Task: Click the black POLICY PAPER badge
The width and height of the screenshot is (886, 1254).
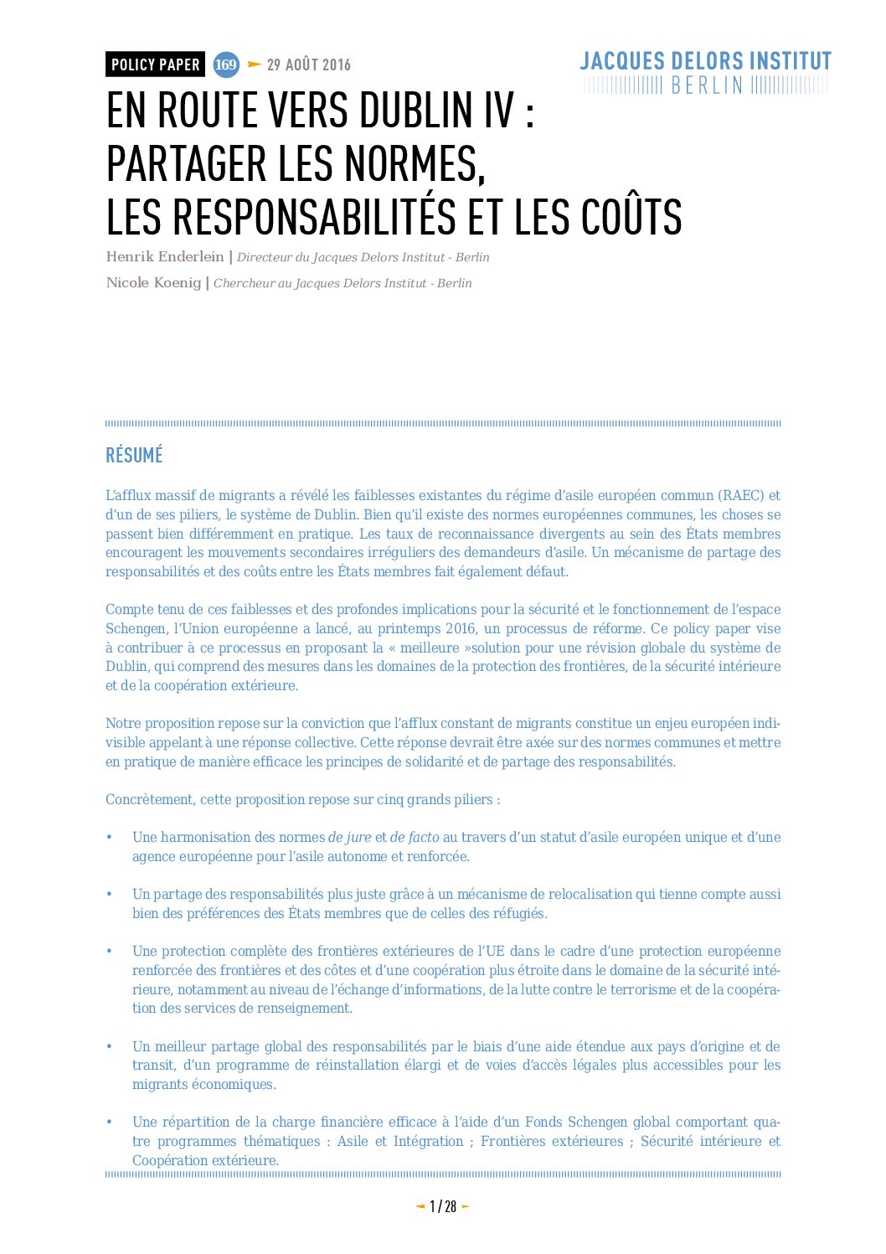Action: click(x=155, y=65)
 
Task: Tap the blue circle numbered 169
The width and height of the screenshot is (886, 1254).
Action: click(x=226, y=65)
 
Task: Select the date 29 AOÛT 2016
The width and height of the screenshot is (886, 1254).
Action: click(x=308, y=65)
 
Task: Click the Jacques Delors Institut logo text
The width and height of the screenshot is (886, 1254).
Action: click(x=705, y=61)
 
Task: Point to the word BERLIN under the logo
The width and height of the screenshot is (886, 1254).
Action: click(x=707, y=85)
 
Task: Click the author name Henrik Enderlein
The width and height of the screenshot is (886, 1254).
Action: click(x=165, y=256)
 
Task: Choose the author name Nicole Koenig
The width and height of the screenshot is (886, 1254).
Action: click(x=153, y=282)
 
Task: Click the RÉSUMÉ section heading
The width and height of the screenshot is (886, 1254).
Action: click(x=134, y=456)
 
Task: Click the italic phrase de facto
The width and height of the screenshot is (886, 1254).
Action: click(x=415, y=837)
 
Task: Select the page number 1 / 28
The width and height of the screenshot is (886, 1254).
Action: click(x=443, y=1206)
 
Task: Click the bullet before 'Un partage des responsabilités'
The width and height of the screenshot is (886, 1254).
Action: click(x=109, y=894)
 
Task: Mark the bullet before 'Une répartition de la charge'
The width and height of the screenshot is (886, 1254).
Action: click(x=109, y=1122)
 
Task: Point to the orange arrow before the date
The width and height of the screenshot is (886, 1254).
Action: click(x=255, y=65)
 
